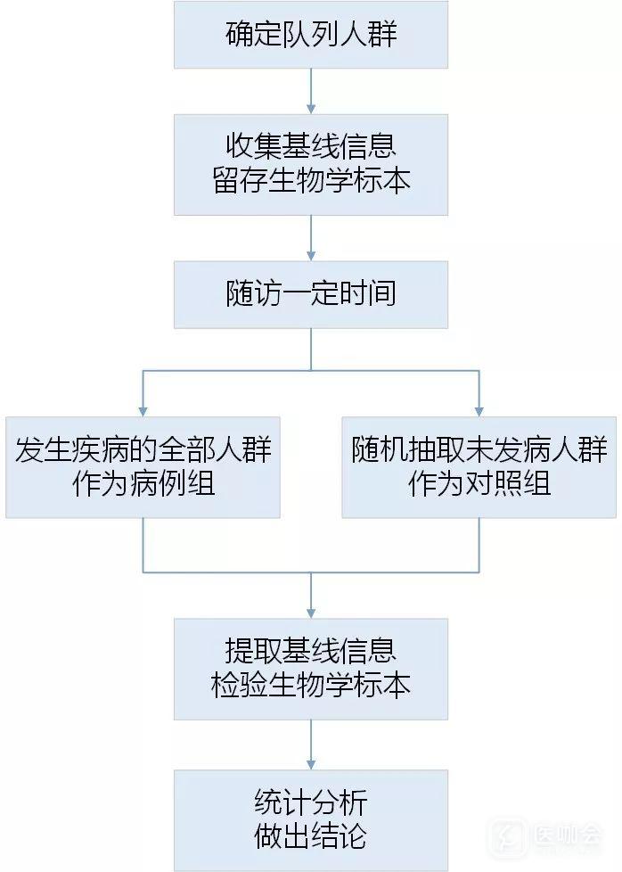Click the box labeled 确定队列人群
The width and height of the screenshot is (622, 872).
pos(310,35)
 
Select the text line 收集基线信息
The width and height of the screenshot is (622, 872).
pos(310,144)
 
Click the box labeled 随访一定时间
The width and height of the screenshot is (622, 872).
pos(310,293)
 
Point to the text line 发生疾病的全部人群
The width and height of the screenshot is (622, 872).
pos(143,449)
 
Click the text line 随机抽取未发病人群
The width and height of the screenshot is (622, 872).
pos(479,449)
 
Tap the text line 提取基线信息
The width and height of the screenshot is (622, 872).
pos(310,650)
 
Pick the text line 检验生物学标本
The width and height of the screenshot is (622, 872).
pos(310,686)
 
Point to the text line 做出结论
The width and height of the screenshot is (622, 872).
pos(310,837)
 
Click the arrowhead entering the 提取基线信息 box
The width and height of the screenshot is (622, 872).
pos(310,611)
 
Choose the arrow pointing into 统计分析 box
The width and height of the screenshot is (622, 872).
pos(310,763)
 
